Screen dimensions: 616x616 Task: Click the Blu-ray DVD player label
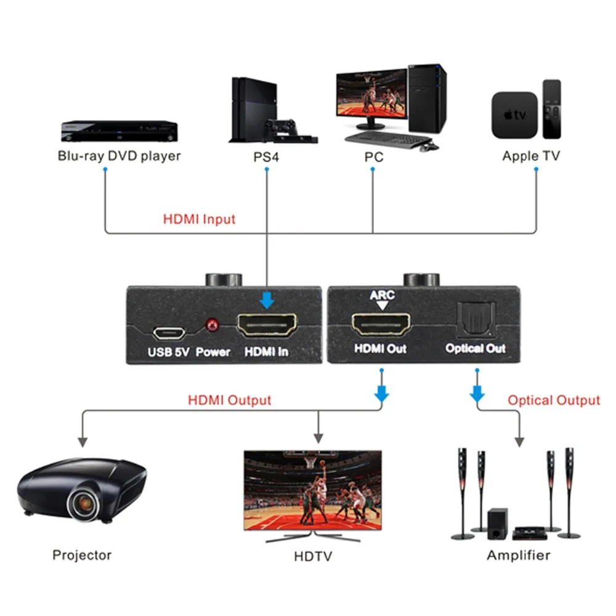click(119, 156)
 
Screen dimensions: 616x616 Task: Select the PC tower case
click(427, 98)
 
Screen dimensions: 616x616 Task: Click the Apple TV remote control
click(551, 109)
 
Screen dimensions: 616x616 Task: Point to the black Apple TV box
click(514, 115)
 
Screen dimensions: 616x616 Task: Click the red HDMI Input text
click(199, 219)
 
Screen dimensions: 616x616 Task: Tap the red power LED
click(213, 325)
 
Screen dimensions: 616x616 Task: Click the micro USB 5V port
click(169, 333)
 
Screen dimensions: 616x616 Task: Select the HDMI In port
click(267, 325)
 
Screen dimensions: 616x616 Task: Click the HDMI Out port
click(381, 324)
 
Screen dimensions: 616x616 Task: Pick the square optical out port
click(476, 320)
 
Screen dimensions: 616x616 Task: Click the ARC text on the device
click(382, 295)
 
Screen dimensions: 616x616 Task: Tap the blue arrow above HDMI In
click(267, 300)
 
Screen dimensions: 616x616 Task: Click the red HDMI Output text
click(229, 400)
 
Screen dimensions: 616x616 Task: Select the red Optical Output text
click(554, 400)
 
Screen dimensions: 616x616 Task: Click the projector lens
click(83, 502)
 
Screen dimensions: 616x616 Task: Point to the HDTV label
click(313, 556)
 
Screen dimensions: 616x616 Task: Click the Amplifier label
click(519, 555)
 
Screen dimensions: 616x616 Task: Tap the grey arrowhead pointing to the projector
click(83, 442)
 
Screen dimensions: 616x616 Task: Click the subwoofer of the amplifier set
click(497, 524)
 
